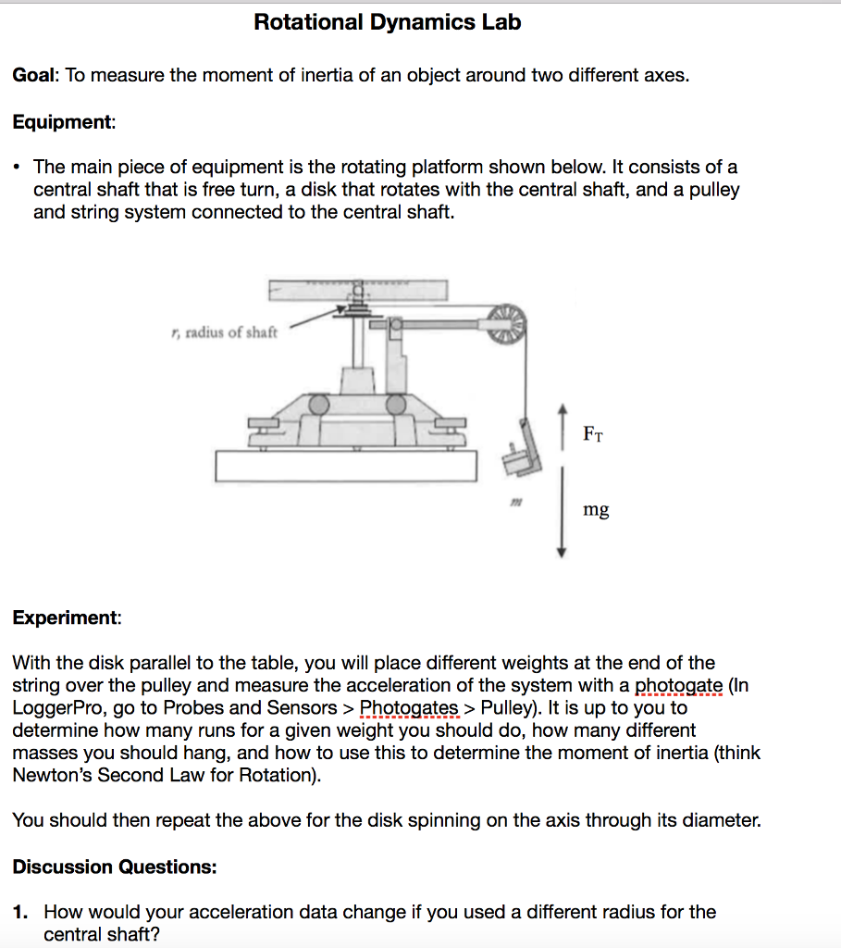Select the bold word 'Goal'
pyautogui.click(x=35, y=75)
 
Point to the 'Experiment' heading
pyautogui.click(x=66, y=617)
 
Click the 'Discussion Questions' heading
pyautogui.click(x=115, y=867)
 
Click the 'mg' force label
pyautogui.click(x=596, y=509)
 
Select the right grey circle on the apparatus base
pyautogui.click(x=397, y=404)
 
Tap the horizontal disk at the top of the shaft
pyautogui.click(x=358, y=290)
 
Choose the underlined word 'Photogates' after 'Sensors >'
pyautogui.click(x=409, y=708)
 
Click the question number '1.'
pyautogui.click(x=22, y=913)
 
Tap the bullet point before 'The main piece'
pyautogui.click(x=19, y=168)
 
